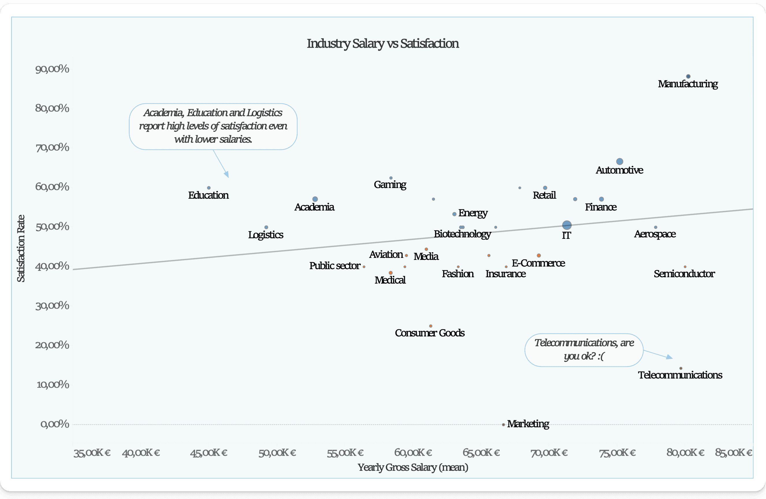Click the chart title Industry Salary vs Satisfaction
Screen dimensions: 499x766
[x=383, y=43]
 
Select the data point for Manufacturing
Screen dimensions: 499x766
[x=688, y=77]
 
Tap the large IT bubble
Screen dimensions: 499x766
[x=567, y=225]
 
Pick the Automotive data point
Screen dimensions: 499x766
[x=620, y=161]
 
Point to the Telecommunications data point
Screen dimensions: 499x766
[x=681, y=368]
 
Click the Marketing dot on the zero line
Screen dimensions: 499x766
[x=503, y=425]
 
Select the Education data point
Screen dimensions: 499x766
[x=209, y=188]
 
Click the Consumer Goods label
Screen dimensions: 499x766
[x=430, y=333]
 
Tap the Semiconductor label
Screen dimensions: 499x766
[x=684, y=274]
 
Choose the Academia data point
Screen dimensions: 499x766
[x=315, y=199]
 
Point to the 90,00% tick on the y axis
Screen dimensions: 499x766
[x=52, y=68]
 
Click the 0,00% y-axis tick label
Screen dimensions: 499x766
[x=55, y=424]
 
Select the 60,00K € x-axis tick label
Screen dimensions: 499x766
[x=413, y=453]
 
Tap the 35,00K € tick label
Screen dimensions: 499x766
[x=92, y=453]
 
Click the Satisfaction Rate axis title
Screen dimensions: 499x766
[x=21, y=248]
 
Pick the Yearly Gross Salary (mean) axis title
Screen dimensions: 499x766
[x=413, y=467]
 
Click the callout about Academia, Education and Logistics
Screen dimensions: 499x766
[x=213, y=126]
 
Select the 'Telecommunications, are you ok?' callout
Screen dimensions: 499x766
[x=584, y=350]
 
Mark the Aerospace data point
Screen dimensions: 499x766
[x=656, y=228]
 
